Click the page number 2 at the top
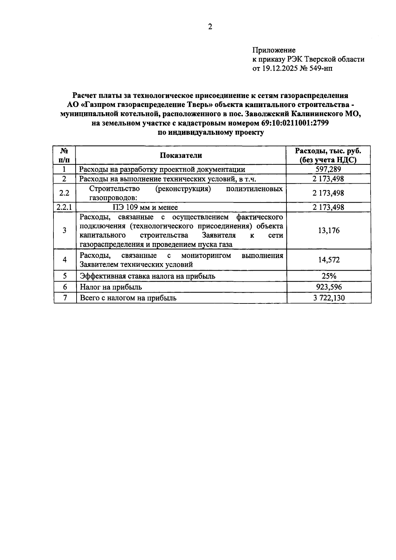tap(210, 27)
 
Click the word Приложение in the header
tap(274, 50)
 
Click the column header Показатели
tap(181, 156)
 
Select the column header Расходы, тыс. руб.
tap(328, 151)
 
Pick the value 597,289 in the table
tap(328, 169)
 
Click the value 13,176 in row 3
tap(329, 230)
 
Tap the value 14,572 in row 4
tap(329, 260)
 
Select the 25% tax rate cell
tap(329, 276)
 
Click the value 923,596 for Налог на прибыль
tap(329, 287)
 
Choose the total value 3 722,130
tap(329, 298)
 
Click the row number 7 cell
tap(65, 298)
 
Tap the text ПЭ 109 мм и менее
tap(143, 207)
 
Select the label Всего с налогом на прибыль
tap(128, 298)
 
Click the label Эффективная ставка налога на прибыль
tap(148, 276)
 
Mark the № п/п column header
tap(65, 156)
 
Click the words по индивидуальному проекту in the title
tap(211, 133)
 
